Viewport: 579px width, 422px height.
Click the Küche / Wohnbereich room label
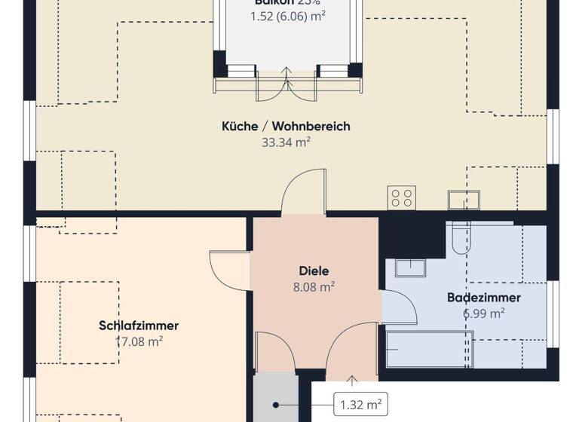point(286,127)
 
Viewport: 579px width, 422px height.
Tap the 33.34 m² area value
point(286,142)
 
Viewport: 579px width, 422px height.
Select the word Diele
point(314,271)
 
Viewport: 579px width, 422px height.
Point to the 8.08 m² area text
point(314,286)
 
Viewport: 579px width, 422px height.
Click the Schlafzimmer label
point(138,326)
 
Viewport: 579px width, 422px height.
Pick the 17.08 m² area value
point(138,341)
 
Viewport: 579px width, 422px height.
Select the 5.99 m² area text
point(484,313)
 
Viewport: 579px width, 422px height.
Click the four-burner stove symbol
point(401,198)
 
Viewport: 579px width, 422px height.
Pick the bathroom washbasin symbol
point(410,268)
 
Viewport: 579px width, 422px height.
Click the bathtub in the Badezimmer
point(430,348)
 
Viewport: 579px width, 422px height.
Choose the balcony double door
point(286,84)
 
